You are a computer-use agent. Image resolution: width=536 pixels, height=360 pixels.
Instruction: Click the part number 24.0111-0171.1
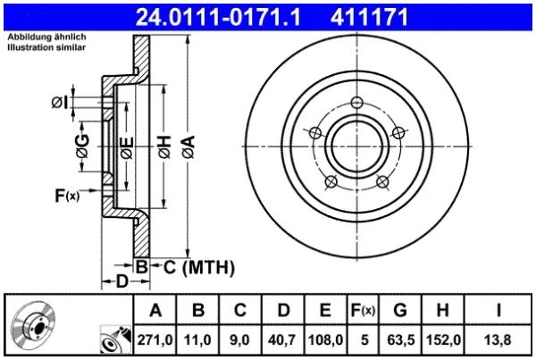[218, 17]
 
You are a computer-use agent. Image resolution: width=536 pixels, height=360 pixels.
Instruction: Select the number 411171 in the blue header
[369, 17]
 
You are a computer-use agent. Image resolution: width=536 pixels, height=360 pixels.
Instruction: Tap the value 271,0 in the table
[155, 339]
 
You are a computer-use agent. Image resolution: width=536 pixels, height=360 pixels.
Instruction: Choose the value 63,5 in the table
[400, 339]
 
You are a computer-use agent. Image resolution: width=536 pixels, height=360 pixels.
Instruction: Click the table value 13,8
[498, 339]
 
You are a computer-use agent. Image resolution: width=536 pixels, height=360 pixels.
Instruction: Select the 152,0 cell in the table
[443, 339]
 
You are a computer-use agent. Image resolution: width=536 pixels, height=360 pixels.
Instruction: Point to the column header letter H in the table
[443, 310]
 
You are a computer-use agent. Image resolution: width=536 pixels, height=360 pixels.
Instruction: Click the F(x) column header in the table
[363, 310]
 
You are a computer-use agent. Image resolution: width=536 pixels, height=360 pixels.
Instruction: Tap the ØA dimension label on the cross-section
[188, 147]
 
